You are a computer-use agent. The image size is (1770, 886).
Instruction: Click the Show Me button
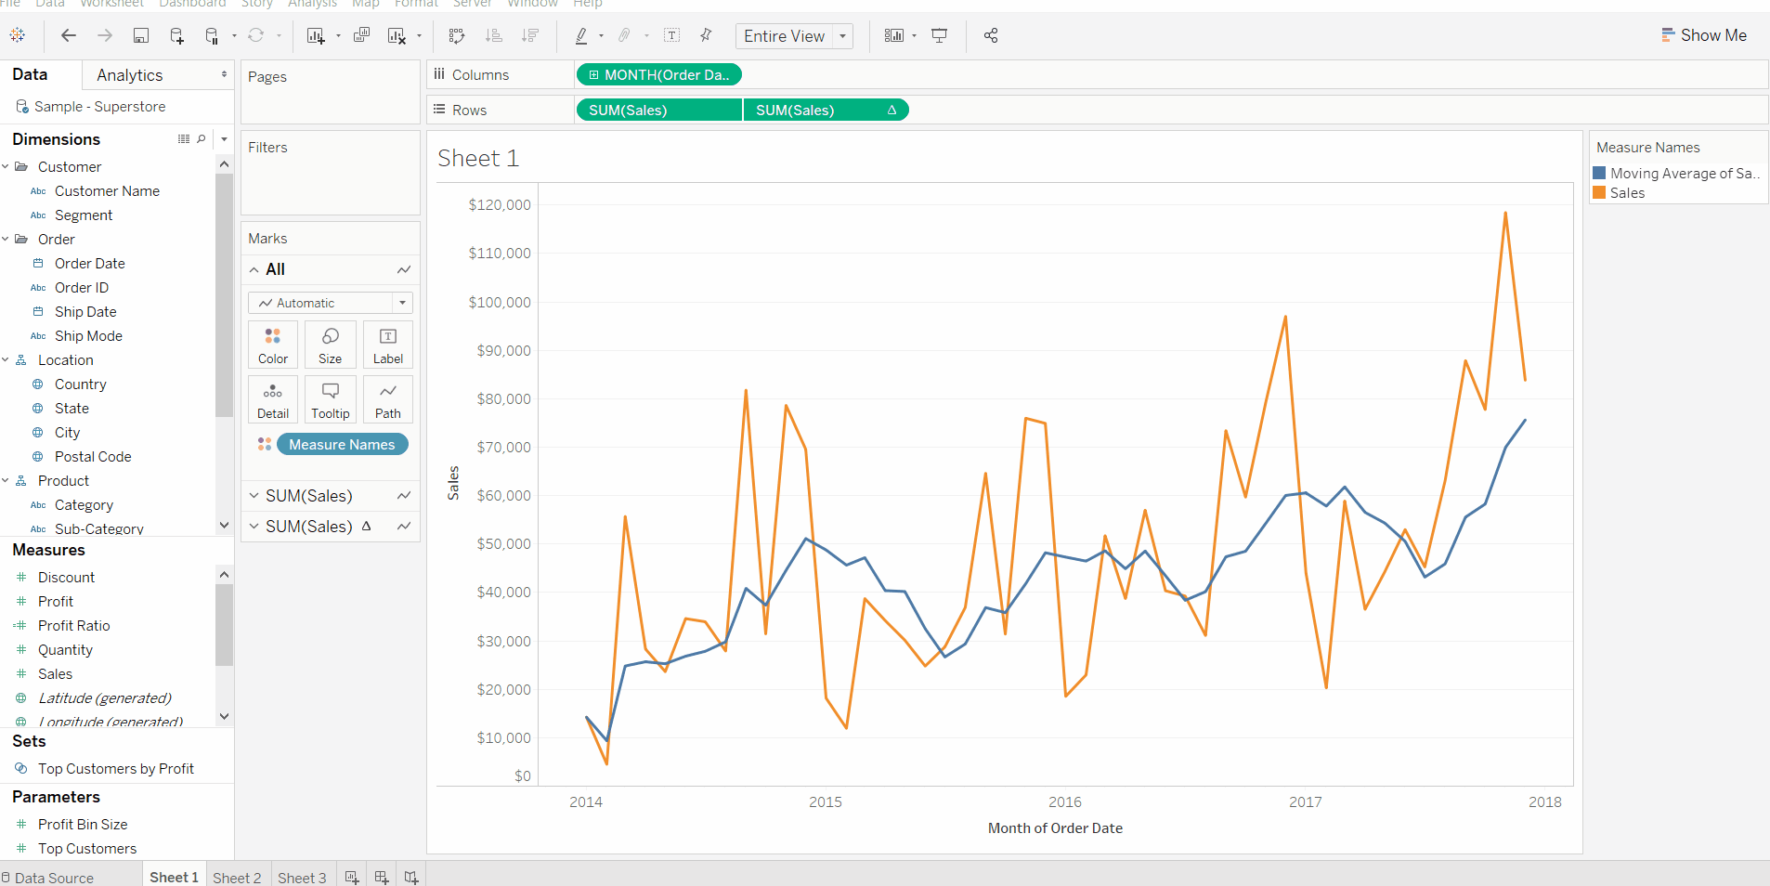pyautogui.click(x=1704, y=35)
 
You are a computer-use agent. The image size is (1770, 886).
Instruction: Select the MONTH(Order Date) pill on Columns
pyautogui.click(x=658, y=75)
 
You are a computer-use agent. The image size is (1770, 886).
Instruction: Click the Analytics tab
pyautogui.click(x=130, y=75)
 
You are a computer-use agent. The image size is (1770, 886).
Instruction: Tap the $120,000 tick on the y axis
pyautogui.click(x=500, y=205)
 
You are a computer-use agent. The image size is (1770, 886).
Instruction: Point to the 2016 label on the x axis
pyautogui.click(x=1064, y=802)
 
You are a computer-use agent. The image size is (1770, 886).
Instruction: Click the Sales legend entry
pyautogui.click(x=1627, y=193)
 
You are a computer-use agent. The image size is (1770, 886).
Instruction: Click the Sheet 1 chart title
pyautogui.click(x=477, y=159)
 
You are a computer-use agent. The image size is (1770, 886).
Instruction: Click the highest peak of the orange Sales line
pyautogui.click(x=1505, y=214)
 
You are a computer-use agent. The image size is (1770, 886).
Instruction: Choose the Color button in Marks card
pyautogui.click(x=273, y=345)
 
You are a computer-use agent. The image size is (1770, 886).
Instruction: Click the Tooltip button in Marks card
pyautogui.click(x=331, y=399)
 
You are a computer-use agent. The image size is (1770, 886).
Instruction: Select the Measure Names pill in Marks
pyautogui.click(x=342, y=445)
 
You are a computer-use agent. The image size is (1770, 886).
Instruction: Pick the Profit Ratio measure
pyautogui.click(x=74, y=626)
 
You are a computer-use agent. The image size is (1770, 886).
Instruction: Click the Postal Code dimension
pyautogui.click(x=93, y=457)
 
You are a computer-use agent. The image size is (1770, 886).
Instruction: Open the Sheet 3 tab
pyautogui.click(x=302, y=878)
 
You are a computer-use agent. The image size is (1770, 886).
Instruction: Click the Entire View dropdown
pyautogui.click(x=794, y=36)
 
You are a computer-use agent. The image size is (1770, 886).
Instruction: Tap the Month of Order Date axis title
pyautogui.click(x=1055, y=828)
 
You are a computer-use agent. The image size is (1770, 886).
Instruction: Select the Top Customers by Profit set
pyautogui.click(x=116, y=769)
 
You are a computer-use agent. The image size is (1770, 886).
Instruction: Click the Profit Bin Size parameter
pyautogui.click(x=83, y=825)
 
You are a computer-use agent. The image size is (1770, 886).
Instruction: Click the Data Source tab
pyautogui.click(x=54, y=878)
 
